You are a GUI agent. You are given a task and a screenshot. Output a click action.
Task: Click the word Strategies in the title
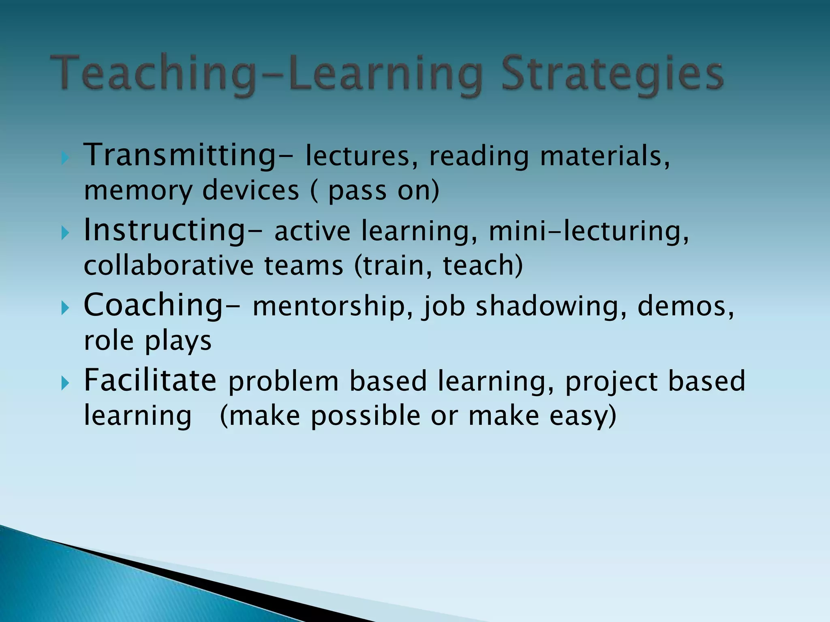coord(612,75)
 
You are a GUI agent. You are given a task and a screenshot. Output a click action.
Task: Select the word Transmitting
coord(180,155)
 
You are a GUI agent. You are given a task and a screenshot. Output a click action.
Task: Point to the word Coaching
coord(154,305)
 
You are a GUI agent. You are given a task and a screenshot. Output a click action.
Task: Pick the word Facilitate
coord(150,380)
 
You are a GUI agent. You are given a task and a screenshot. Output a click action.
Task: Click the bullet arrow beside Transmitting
coord(65,158)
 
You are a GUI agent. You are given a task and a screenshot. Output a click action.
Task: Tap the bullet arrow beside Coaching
coord(65,308)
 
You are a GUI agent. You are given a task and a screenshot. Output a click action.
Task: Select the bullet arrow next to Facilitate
coord(65,383)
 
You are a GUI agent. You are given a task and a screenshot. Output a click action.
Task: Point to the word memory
coord(138,191)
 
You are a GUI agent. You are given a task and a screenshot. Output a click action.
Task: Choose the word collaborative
coord(169,266)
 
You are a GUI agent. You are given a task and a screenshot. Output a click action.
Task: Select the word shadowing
coord(551,306)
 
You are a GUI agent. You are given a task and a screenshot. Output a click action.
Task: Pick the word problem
coord(283,381)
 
